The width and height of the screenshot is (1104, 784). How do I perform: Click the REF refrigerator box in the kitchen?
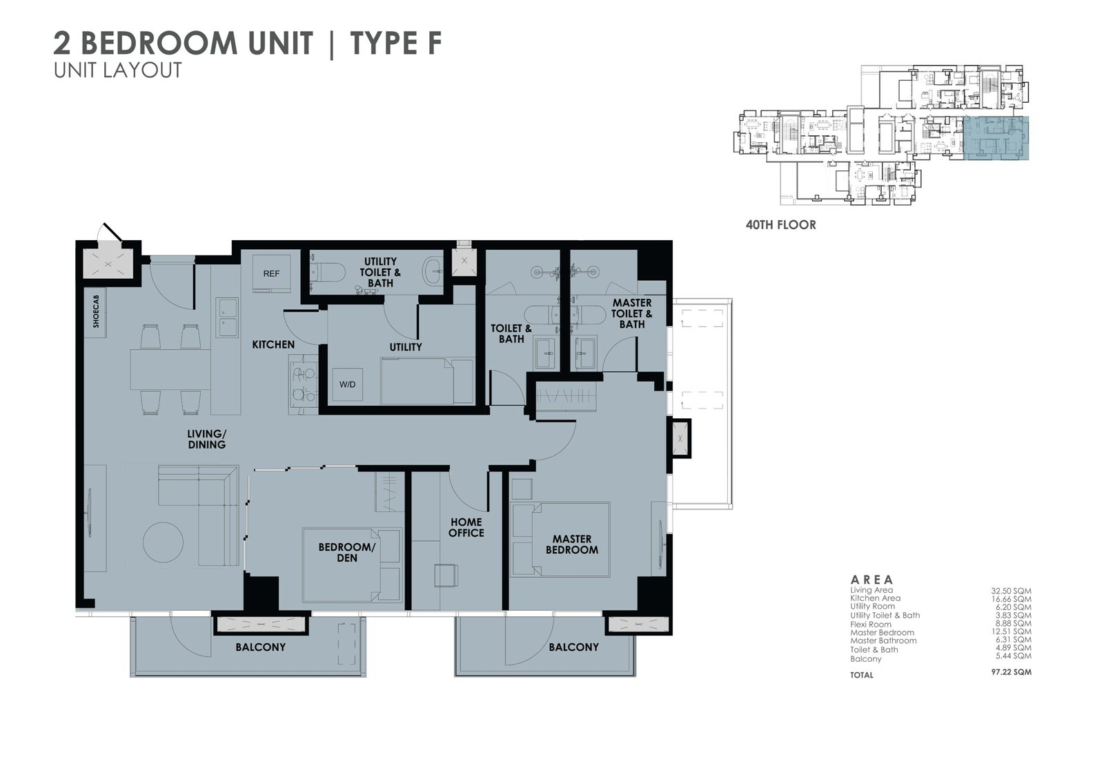[x=271, y=274]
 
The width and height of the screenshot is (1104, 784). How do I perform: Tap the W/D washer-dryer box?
[x=348, y=384]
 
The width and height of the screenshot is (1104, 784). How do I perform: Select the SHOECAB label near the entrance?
[x=96, y=312]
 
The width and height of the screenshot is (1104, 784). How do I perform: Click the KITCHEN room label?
[x=273, y=344]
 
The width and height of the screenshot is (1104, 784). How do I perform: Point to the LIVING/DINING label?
[x=206, y=440]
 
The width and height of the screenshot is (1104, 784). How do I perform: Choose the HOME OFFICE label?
[x=466, y=527]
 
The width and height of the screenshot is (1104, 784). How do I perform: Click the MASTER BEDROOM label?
[x=572, y=545]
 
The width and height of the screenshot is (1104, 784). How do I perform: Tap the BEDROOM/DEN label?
[x=347, y=552]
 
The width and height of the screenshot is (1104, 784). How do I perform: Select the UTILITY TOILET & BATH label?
[x=380, y=272]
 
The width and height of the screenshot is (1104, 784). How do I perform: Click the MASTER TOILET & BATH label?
[x=632, y=313]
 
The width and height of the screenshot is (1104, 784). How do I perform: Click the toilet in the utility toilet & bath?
[x=328, y=272]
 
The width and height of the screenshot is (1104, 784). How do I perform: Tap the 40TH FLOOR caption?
[x=780, y=225]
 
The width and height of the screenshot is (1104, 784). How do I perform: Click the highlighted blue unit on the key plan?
[x=996, y=139]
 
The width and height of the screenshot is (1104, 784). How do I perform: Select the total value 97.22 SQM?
[x=1012, y=672]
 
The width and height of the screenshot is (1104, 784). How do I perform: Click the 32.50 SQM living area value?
[x=1012, y=591]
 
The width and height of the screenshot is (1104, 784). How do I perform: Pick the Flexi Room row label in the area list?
[x=870, y=625]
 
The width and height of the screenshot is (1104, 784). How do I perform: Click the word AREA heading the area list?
[x=872, y=580]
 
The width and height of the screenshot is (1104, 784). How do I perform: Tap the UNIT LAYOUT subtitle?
[x=118, y=70]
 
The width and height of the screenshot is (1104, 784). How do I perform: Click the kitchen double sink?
[x=227, y=317]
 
